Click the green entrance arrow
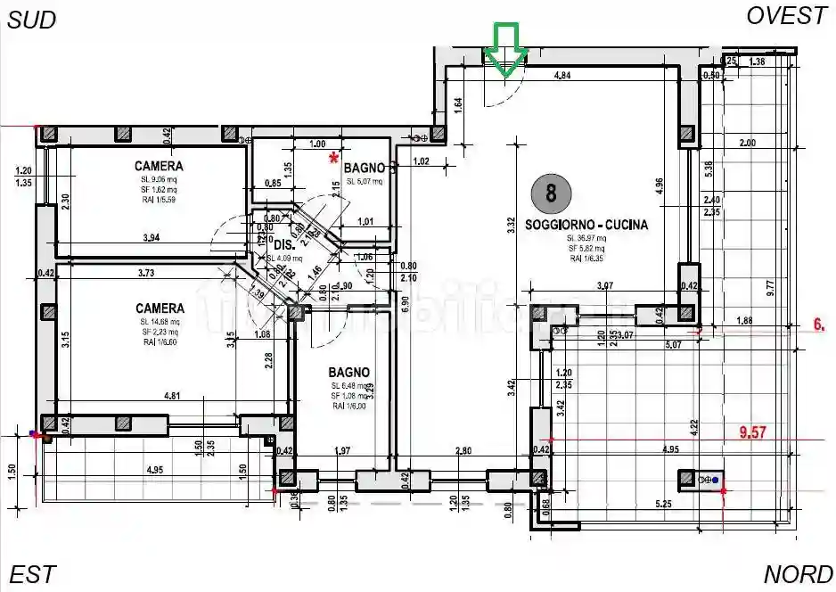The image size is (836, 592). coord(505,48)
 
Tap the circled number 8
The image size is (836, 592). coord(551,193)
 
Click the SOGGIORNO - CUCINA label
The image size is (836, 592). coord(586,225)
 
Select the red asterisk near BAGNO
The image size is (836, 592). coord(334,158)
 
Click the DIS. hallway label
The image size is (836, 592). coord(283,244)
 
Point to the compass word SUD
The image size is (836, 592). coord(32,20)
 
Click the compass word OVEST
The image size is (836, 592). coord(787,16)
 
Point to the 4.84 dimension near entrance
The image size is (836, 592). coord(562,76)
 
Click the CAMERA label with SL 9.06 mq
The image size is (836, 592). coord(159,166)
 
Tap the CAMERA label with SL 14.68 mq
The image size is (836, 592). coord(160,308)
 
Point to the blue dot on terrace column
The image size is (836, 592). coord(715,481)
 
